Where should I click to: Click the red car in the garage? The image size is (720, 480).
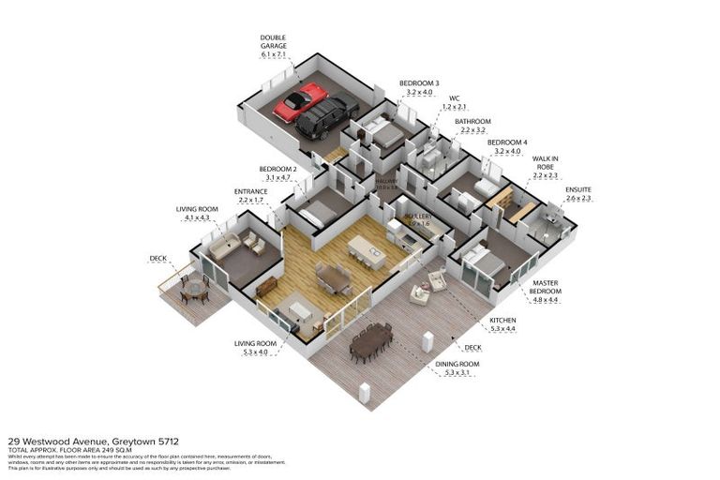301,102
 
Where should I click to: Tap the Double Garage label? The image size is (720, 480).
275,46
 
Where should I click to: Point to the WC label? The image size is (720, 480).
454,101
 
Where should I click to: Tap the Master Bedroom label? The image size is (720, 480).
546,288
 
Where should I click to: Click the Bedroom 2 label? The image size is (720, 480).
279,172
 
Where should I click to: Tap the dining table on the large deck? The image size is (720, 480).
371,340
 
